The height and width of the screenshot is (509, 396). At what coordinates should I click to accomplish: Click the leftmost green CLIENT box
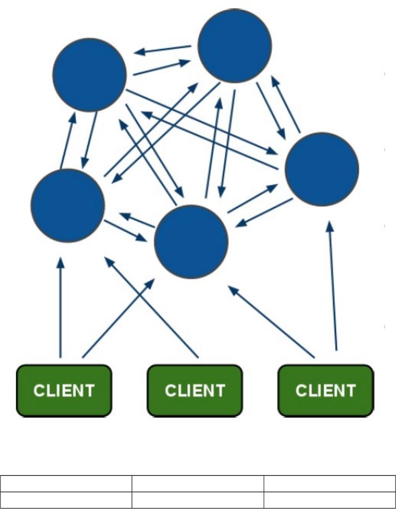point(64,390)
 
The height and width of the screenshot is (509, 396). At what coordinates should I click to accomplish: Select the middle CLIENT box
point(194,390)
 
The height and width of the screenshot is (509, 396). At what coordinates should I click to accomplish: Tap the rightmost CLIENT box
point(325,390)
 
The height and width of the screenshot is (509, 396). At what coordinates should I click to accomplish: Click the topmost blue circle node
point(234,46)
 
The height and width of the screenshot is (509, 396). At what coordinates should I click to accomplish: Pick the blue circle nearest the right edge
point(322,169)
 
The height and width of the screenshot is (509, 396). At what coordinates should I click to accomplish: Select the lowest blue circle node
point(191,242)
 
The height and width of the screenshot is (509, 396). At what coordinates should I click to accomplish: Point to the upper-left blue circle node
point(89,74)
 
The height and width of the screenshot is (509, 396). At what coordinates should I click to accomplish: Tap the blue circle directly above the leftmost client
point(68,205)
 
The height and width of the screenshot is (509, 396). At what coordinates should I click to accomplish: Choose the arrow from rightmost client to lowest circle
point(270,321)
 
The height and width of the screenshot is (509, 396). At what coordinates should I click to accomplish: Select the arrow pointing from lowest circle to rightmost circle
point(252,199)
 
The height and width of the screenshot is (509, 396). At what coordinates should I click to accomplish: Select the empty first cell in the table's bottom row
point(66,499)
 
